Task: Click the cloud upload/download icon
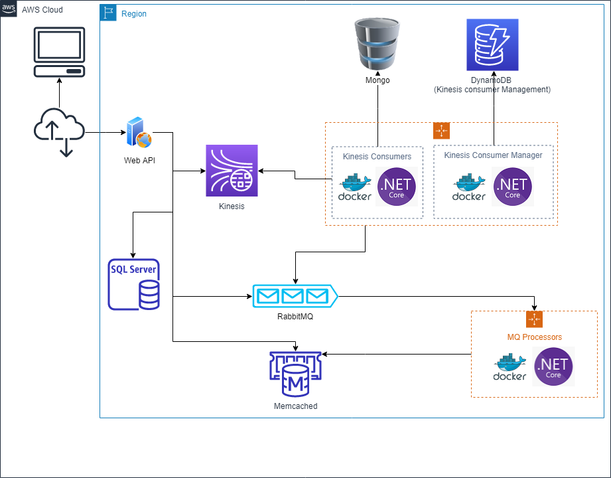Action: pos(59,132)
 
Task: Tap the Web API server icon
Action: pos(139,133)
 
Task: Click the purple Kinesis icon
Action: pos(232,171)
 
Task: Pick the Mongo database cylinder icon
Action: pos(377,44)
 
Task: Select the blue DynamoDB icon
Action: pos(492,44)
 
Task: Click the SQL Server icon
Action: pos(134,285)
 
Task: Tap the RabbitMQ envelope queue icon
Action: pos(294,295)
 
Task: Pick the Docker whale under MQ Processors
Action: pos(510,368)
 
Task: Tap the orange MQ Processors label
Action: pos(534,337)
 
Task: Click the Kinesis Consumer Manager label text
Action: pos(493,155)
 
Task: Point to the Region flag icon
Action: pos(108,13)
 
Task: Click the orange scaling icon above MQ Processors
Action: pos(534,319)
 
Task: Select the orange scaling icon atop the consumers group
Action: pos(441,130)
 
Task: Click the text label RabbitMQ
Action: pos(295,317)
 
